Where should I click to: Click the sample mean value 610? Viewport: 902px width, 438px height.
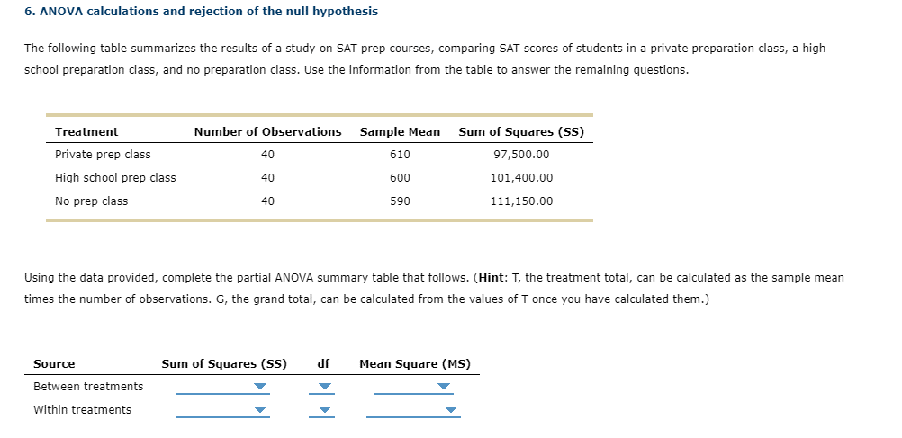coord(400,155)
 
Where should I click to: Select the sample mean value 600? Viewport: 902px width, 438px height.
coord(400,178)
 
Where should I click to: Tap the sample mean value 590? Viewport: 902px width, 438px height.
coord(400,201)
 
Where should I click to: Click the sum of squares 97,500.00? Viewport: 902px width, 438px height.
coord(521,155)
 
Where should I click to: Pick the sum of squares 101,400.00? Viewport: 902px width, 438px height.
coord(521,178)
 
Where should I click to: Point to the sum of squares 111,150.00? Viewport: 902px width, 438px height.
coord(521,201)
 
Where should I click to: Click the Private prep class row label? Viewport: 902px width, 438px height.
coord(103,155)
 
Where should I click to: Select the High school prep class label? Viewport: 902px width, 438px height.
coord(115,178)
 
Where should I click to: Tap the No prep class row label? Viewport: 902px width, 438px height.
coord(91,201)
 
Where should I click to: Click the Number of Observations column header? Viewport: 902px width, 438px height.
coord(267,132)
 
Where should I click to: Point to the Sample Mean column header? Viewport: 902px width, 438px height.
coord(400,132)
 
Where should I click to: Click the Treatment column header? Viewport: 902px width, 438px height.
coord(86,132)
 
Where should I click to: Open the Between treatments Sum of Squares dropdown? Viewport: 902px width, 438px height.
coord(222,388)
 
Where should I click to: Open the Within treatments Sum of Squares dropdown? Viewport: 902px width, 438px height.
coord(222,411)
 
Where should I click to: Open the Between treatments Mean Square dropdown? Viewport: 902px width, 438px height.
coord(413,388)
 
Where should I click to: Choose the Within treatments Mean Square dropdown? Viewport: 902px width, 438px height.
coord(413,411)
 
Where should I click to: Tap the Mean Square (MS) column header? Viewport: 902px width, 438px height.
coord(414,364)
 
